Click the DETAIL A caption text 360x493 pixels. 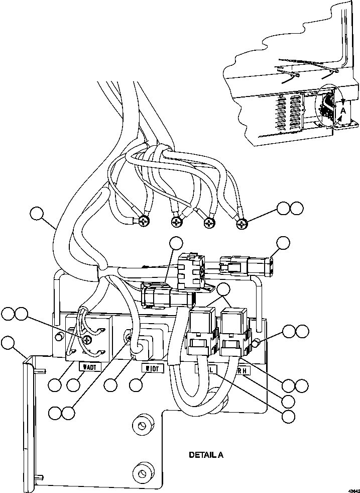coord(205,455)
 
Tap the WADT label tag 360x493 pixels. coord(90,367)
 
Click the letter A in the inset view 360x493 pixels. coord(343,110)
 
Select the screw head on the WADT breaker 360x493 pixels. coord(88,340)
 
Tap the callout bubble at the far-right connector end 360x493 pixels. coord(283,243)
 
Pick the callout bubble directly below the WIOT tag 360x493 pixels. coord(136,385)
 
